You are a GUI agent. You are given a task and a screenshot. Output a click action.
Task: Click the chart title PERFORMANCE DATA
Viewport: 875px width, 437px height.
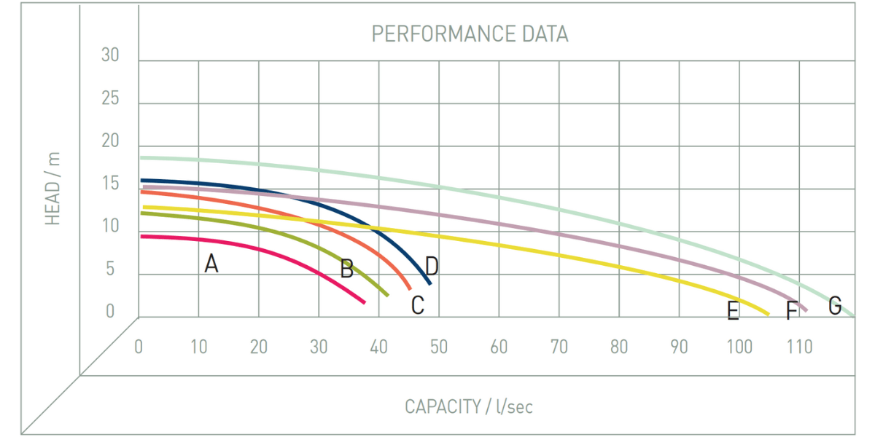pos(470,34)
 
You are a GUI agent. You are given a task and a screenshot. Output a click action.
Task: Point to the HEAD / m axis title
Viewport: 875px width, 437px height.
pos(53,188)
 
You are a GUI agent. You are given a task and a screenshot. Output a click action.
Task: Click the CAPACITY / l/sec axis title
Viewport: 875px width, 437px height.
pos(469,406)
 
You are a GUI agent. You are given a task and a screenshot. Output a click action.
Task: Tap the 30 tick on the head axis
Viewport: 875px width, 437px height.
pos(110,55)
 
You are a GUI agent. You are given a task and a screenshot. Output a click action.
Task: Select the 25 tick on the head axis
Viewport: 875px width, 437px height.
pos(110,98)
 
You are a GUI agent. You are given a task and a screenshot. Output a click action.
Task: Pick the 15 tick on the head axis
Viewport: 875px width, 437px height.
pos(110,184)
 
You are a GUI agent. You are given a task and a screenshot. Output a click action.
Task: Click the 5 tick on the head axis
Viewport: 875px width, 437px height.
pos(110,269)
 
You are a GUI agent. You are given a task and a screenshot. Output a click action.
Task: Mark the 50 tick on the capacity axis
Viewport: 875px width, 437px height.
pos(438,347)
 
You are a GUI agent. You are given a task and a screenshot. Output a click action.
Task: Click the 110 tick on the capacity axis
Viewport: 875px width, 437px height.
pos(799,347)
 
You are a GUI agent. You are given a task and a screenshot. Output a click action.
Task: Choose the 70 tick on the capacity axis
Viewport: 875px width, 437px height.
pos(559,347)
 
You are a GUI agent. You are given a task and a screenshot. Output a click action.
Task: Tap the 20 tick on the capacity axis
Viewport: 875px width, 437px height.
pos(258,347)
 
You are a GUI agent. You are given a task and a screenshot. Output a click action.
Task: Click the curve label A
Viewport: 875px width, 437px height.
pos(211,264)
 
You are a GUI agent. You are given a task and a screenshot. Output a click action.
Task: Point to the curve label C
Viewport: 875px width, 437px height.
pos(417,305)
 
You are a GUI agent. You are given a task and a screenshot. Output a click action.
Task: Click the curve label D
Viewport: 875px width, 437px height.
pos(432,267)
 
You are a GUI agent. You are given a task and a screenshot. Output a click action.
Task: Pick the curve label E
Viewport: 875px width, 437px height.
pos(733,312)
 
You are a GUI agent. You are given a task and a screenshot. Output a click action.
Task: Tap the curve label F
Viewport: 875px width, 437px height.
pos(792,312)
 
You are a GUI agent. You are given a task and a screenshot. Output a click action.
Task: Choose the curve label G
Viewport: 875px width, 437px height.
pos(835,305)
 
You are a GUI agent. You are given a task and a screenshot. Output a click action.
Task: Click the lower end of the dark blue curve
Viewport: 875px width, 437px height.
pos(430,283)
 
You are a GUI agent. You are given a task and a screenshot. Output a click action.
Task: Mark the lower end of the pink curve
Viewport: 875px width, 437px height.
pos(364,302)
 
